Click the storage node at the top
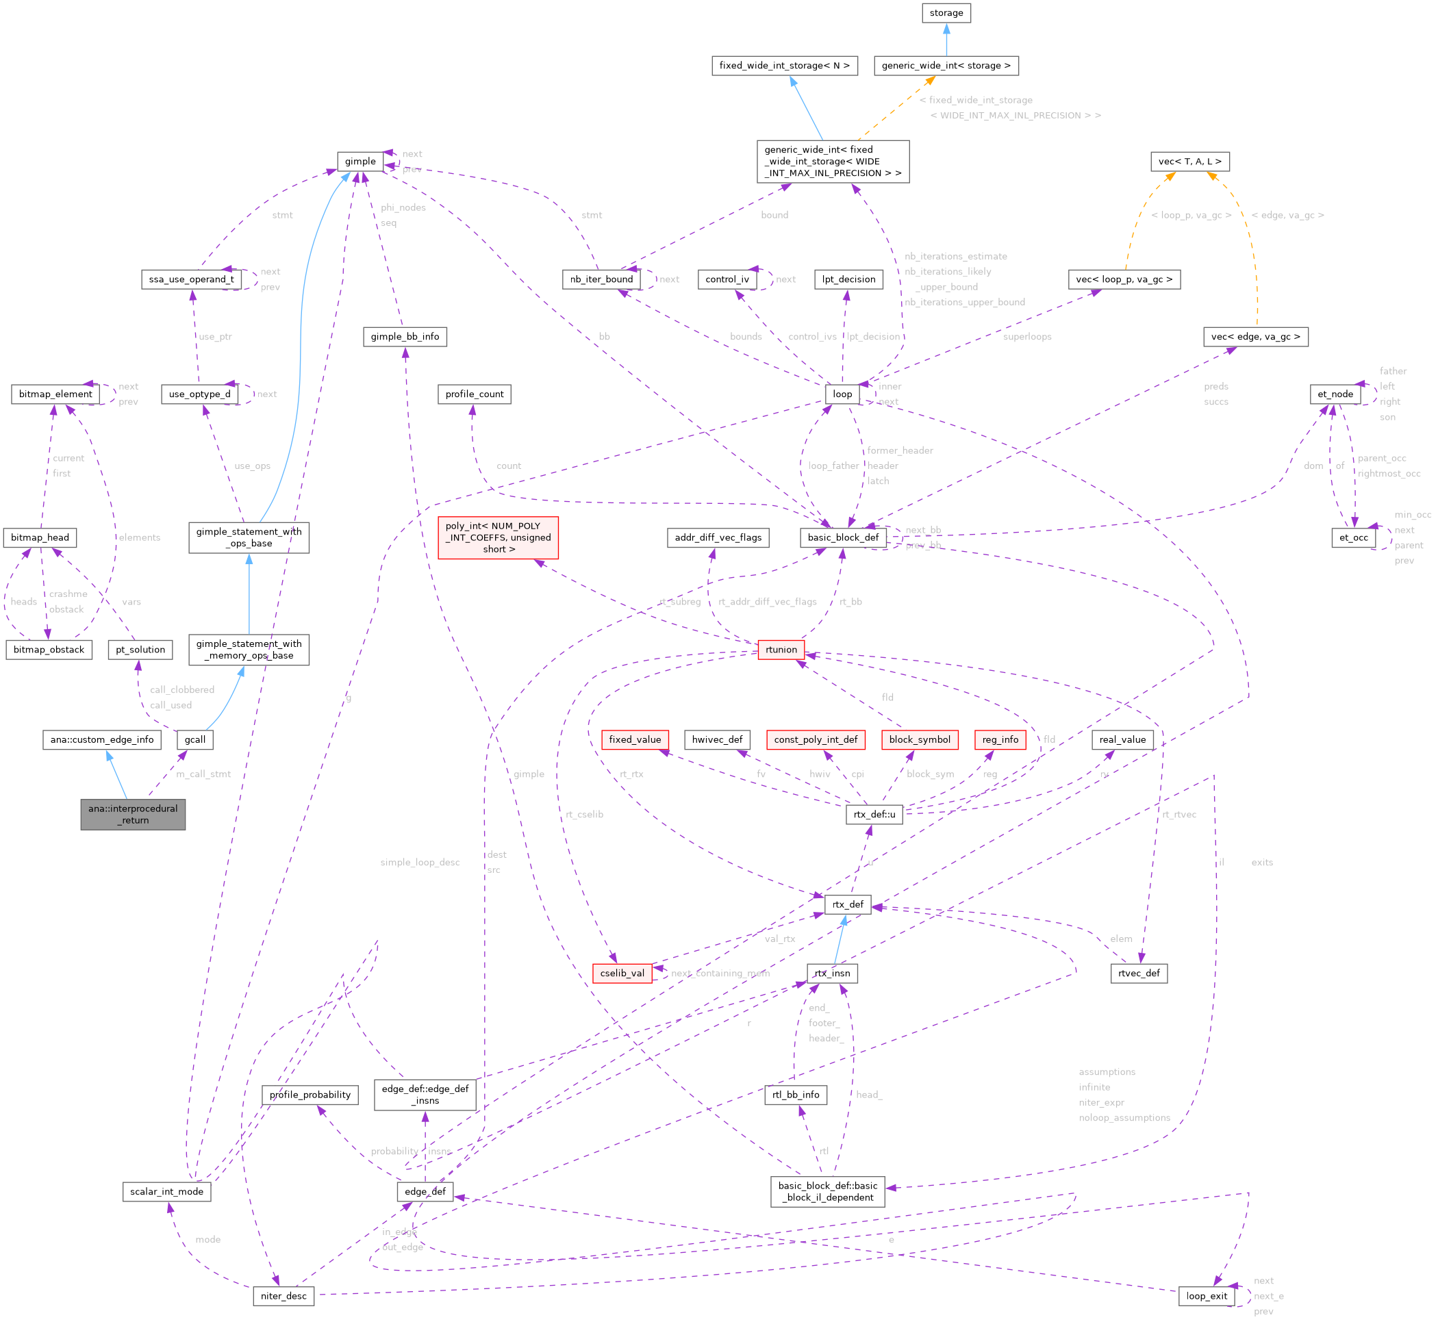point(946,13)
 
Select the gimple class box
point(359,161)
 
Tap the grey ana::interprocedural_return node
point(133,814)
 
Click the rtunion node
point(780,649)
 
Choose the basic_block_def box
point(842,537)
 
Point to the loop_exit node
point(1207,1295)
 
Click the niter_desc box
point(283,1295)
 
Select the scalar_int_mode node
point(166,1191)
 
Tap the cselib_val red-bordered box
point(622,973)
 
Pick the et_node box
point(1335,394)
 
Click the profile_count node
point(475,394)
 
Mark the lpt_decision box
point(848,279)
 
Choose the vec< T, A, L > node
point(1189,161)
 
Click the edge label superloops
point(1026,337)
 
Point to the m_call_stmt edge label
point(203,774)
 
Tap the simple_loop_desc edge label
point(420,862)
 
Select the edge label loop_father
point(833,466)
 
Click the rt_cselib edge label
point(584,814)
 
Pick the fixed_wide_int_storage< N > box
point(784,65)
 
